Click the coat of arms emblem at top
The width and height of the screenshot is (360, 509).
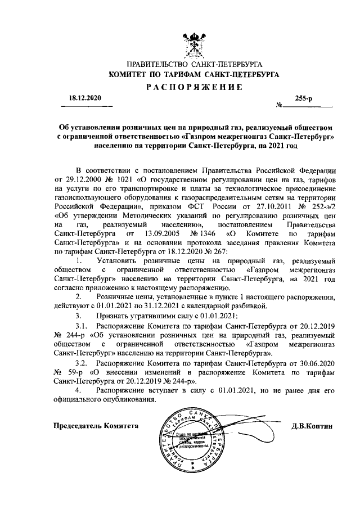click(x=193, y=46)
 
